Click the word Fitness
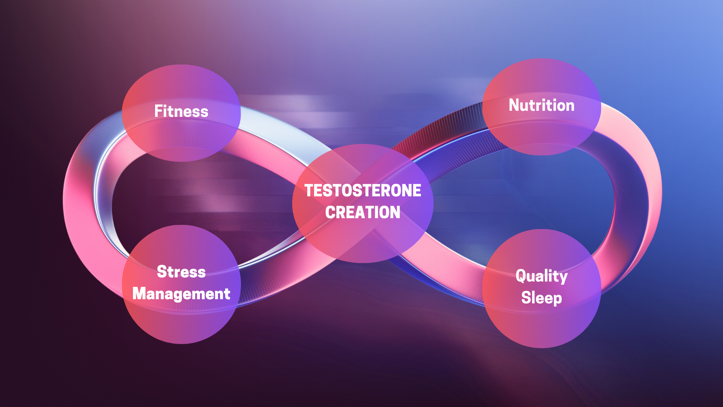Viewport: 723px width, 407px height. [181, 111]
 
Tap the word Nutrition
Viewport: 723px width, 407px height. [541, 105]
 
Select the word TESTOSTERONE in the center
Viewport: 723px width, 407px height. [363, 191]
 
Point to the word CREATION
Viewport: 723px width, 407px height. [363, 213]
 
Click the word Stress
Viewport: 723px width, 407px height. [181, 272]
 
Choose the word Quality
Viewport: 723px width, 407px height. [541, 277]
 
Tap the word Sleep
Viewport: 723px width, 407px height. [541, 298]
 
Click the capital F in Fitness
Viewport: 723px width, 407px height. [159, 111]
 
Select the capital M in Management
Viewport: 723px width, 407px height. [139, 294]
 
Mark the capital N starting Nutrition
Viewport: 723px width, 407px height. [514, 105]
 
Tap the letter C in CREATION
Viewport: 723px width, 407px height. [330, 213]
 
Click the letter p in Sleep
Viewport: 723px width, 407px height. [557, 300]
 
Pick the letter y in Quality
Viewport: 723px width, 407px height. [563, 279]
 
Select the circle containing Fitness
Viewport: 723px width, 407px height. [181, 113]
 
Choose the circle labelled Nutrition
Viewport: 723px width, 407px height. [541, 107]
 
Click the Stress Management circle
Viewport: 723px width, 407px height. [181, 285]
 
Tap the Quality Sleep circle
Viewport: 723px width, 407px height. [541, 288]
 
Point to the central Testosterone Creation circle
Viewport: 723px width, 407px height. [363, 203]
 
